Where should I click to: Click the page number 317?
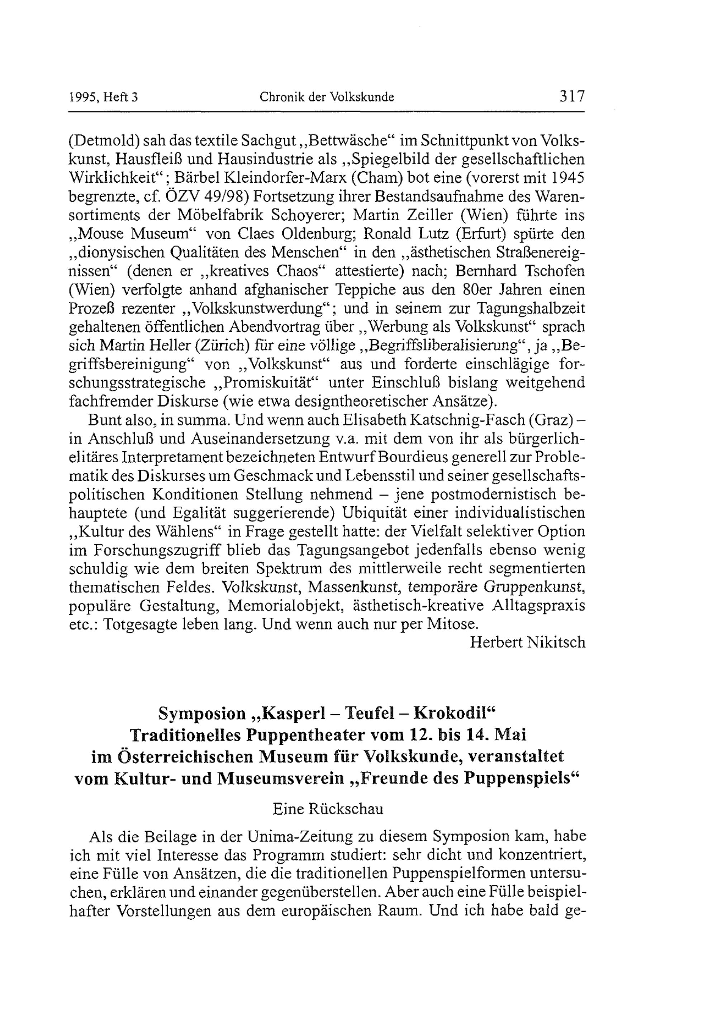(572, 96)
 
